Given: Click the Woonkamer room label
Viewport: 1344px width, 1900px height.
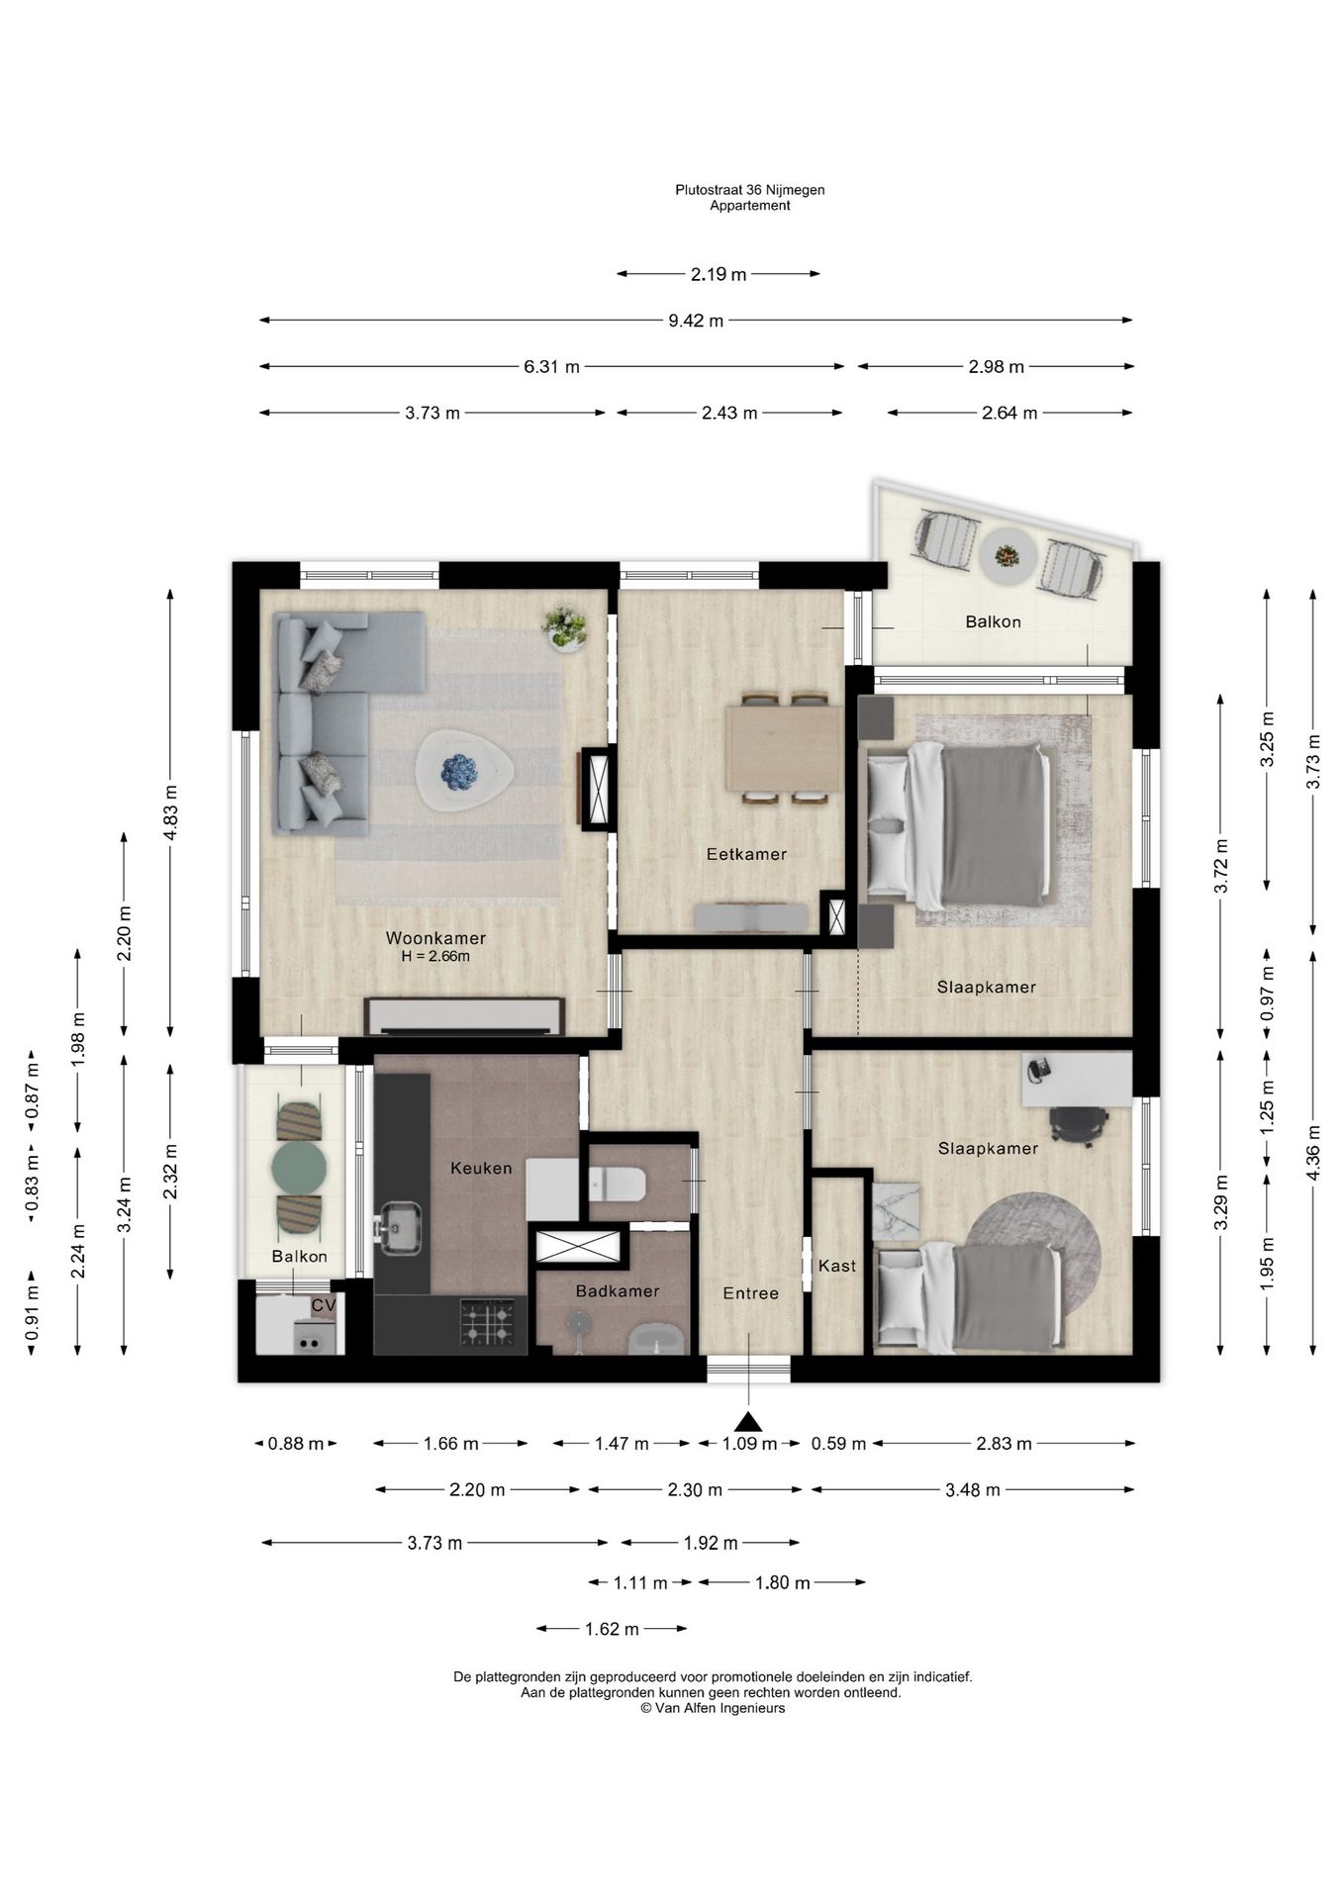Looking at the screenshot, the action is point(435,938).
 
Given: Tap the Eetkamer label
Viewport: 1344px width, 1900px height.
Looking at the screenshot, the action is point(746,854).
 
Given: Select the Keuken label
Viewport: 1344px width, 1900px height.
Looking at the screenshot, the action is point(481,1168).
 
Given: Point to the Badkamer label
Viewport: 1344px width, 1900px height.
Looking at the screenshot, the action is point(618,1290).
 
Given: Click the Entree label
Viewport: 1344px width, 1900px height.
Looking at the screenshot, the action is point(750,1293).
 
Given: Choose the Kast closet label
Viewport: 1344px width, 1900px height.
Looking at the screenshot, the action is point(837,1266).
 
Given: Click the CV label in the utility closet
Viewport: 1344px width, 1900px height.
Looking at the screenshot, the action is point(324,1305).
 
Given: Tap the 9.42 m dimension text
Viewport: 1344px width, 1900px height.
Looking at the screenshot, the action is point(696,321).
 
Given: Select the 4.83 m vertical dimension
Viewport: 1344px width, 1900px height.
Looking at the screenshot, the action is point(170,812).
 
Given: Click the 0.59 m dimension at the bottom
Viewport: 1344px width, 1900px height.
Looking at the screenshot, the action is point(838,1444).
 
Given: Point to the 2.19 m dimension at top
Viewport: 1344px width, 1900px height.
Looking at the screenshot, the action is point(719,274).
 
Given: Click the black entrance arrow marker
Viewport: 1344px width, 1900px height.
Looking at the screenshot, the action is point(748,1421).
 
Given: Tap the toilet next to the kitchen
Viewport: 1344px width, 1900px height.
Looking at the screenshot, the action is point(617,1183).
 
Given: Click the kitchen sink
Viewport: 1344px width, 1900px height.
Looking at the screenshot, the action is point(400,1227).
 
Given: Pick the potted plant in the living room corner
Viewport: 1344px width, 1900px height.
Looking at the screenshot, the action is point(564,628).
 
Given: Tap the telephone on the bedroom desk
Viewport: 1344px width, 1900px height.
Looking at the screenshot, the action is point(1038,1069).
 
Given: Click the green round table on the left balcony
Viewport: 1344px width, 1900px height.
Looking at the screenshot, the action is point(299,1168).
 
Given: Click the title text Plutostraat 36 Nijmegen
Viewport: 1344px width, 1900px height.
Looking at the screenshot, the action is point(750,189).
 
